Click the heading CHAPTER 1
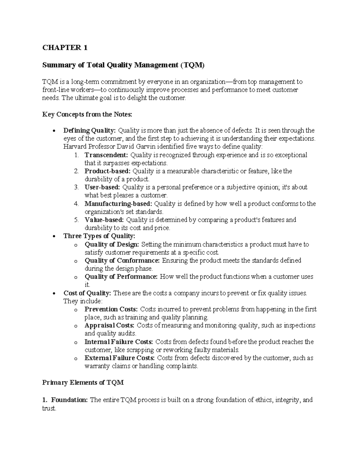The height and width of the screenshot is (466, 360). point(65,48)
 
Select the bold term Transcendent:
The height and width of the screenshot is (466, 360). point(106,155)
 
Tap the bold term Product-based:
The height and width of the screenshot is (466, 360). point(108,171)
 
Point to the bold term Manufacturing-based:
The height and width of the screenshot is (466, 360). point(119,204)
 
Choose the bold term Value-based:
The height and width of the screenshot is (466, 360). point(104,220)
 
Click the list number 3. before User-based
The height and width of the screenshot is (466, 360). point(76,188)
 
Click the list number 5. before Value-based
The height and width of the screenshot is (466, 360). point(76,220)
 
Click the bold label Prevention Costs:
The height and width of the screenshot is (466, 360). point(111,309)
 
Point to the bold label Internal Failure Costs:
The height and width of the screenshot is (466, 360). point(119,342)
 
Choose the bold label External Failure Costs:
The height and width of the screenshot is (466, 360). point(120,358)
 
